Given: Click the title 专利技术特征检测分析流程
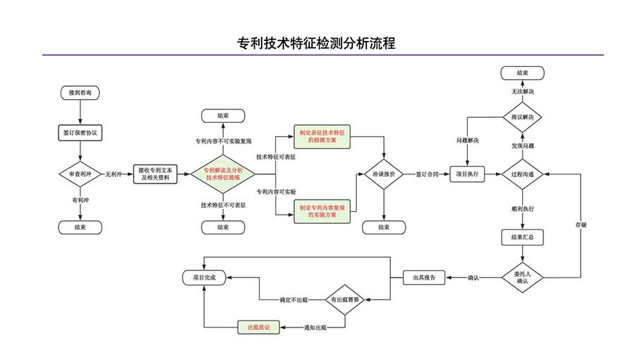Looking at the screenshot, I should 317,44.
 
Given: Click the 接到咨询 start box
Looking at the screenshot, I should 80,92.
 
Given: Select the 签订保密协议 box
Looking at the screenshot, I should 80,132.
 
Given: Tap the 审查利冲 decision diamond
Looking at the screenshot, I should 80,174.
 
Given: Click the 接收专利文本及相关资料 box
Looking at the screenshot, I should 153,174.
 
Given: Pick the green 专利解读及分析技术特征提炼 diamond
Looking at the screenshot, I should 223,174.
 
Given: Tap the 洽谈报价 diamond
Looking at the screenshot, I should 383,174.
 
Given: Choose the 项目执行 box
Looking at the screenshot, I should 468,174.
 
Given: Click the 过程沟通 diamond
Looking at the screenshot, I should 522,174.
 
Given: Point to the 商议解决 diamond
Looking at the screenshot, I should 522,116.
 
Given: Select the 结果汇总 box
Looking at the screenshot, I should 522,238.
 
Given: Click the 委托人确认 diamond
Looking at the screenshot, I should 522,277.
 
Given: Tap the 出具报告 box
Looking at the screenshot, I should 424,277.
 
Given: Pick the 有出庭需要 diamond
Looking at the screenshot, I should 345,300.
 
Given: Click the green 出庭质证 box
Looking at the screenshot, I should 258,327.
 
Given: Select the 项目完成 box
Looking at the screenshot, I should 204,277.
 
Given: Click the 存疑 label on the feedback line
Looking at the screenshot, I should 581,225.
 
